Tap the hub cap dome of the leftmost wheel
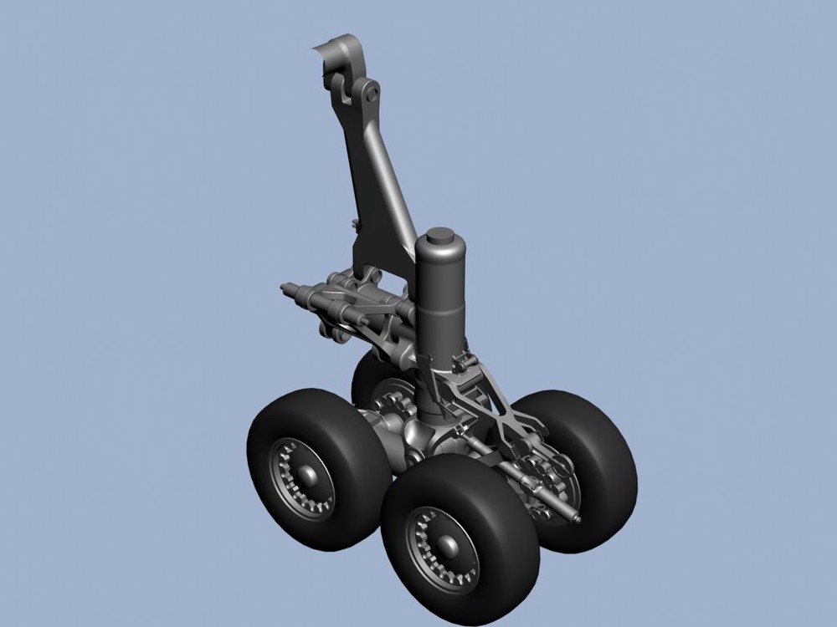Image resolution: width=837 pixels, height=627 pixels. pos(308,477)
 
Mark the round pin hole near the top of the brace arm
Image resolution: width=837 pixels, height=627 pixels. pos(367,94)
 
